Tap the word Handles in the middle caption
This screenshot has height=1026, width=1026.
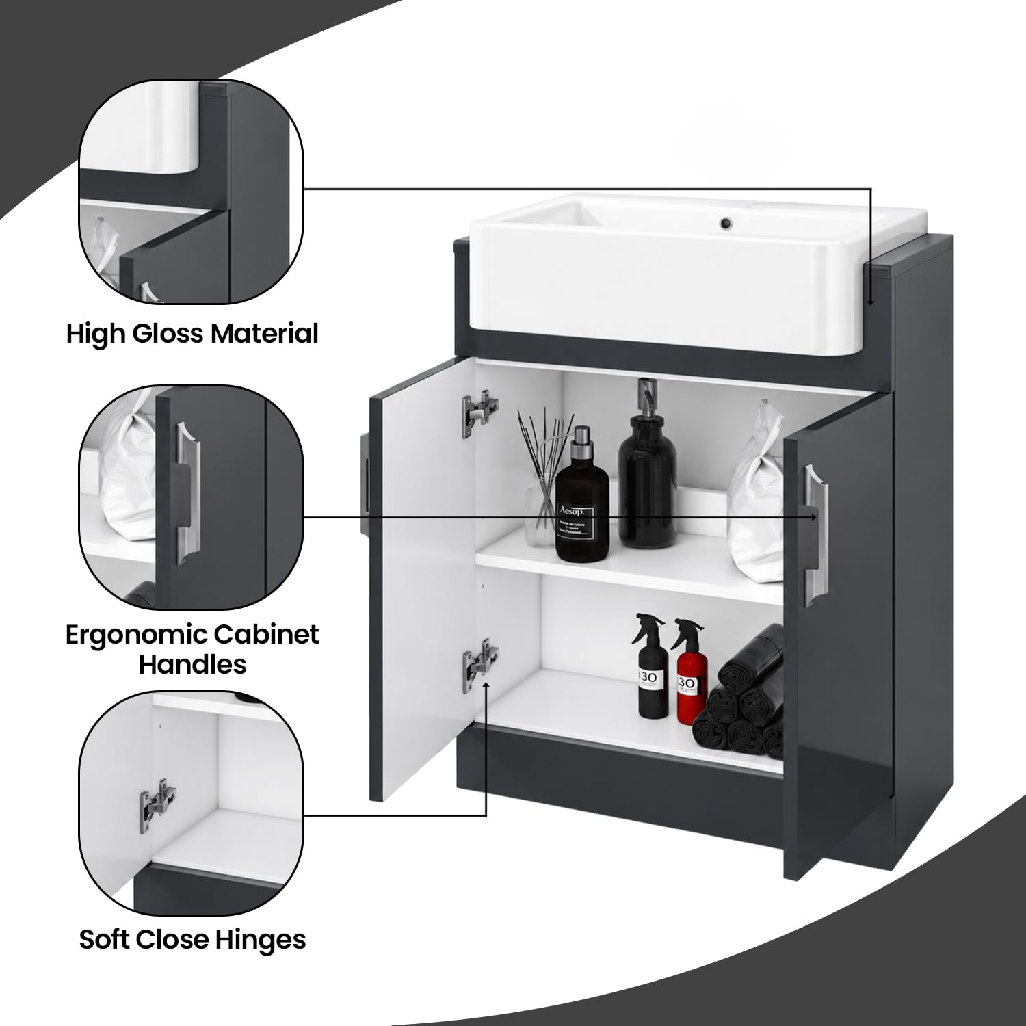[x=193, y=664]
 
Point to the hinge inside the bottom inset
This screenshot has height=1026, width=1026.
[x=158, y=798]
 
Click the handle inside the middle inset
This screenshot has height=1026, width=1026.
[x=186, y=492]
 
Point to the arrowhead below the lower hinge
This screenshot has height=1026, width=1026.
[x=486, y=685]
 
